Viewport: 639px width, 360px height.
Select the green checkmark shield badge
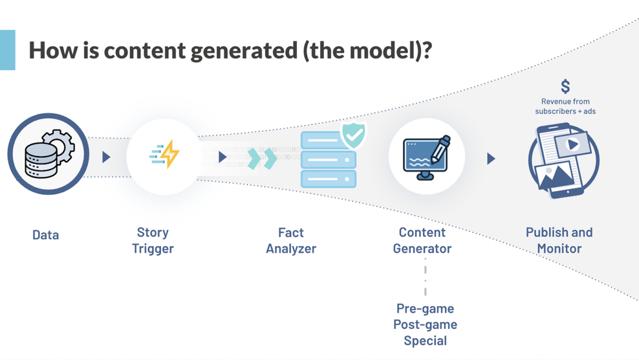coord(352,135)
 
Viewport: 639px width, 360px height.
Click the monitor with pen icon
coord(427,156)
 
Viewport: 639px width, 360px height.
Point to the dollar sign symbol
coord(566,86)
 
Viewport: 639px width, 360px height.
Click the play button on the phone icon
coord(572,144)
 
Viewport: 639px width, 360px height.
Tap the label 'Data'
coord(46,235)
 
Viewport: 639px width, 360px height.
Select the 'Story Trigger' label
coord(153,240)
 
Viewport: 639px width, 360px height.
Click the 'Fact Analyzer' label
coord(291,240)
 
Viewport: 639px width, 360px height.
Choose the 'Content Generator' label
coord(422,240)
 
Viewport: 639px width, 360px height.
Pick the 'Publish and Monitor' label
coord(559,240)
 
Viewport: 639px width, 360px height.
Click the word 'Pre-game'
coord(425,309)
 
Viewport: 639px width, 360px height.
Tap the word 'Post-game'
coord(425,324)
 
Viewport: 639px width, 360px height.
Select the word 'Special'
coord(425,340)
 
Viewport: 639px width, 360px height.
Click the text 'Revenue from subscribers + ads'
coord(566,106)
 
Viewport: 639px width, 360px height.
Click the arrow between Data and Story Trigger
coord(106,157)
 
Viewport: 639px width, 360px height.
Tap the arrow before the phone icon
coord(491,158)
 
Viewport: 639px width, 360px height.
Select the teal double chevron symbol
coord(263,158)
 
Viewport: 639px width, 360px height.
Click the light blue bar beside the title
coord(7,50)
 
